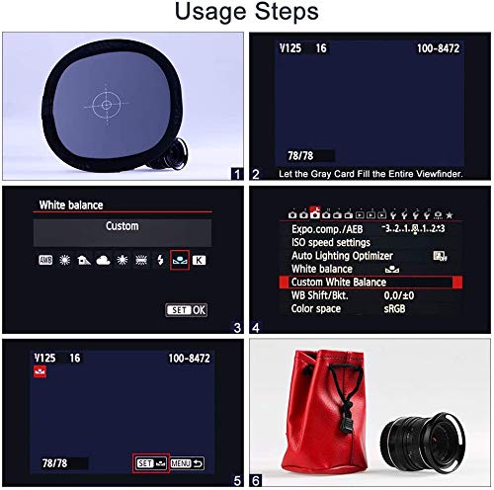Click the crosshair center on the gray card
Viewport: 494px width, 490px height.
point(106,105)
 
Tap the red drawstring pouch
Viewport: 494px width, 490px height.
point(324,413)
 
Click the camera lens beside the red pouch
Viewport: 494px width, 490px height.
point(423,436)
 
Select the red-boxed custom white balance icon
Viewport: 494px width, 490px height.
point(180,260)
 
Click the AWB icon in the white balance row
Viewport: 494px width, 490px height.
point(45,260)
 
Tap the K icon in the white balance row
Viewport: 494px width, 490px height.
point(199,260)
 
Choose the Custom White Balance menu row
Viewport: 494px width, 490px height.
point(370,283)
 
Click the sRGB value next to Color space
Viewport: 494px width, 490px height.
point(394,309)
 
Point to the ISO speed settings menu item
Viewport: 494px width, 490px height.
point(331,242)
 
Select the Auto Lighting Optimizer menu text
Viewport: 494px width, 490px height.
point(342,256)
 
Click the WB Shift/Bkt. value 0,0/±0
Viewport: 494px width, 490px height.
point(399,295)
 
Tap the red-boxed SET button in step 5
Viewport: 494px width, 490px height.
point(151,463)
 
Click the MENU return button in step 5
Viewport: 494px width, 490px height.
point(187,463)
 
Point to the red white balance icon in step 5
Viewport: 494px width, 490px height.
point(40,371)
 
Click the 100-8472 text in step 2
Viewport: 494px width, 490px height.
point(438,48)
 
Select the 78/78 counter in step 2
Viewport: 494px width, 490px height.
point(300,155)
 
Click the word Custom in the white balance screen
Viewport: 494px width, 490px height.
point(123,226)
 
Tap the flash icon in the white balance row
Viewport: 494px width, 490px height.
point(160,260)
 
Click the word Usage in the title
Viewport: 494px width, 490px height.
point(210,12)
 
